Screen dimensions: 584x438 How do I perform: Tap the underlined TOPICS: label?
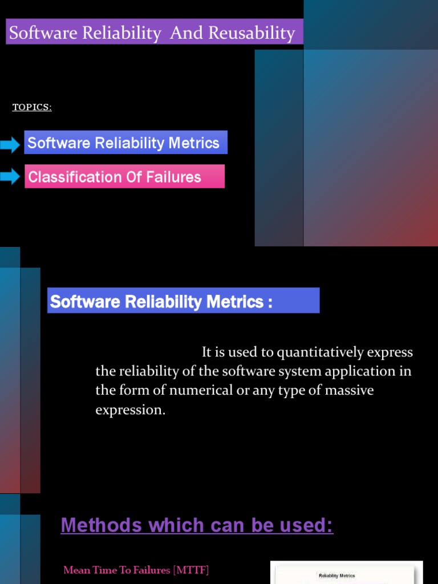(x=32, y=107)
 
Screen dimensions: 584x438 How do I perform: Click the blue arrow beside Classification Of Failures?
(x=10, y=177)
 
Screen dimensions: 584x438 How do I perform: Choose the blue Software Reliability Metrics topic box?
(x=125, y=143)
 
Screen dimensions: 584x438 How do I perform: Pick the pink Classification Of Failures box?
(x=124, y=177)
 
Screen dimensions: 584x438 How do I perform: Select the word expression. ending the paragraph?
(x=130, y=411)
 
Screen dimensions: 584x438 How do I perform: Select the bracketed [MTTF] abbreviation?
(x=190, y=570)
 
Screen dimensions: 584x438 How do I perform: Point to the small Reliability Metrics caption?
(x=336, y=575)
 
